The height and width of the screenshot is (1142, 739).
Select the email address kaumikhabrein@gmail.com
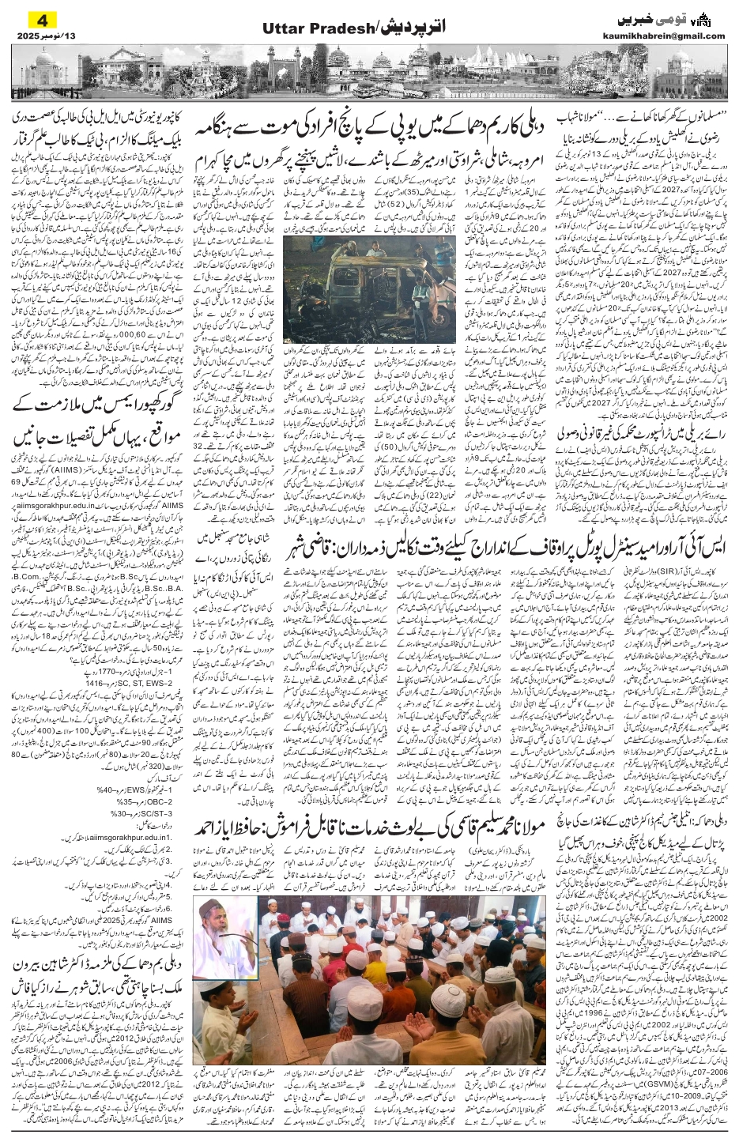pos(671,36)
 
